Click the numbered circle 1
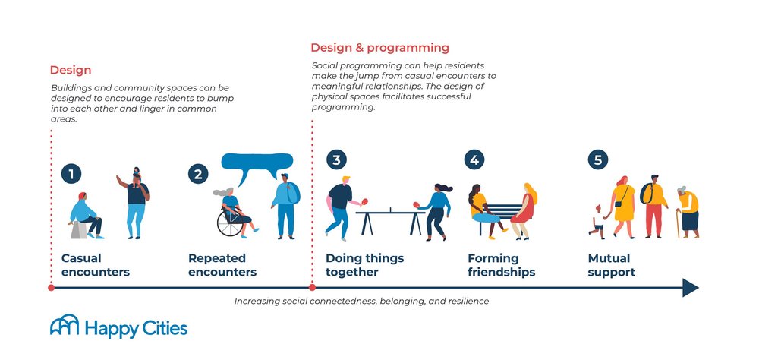pyautogui.click(x=71, y=174)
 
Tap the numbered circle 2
pyautogui.click(x=197, y=174)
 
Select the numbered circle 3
pyautogui.click(x=336, y=160)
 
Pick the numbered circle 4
pyautogui.click(x=474, y=160)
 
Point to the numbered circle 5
pyautogui.click(x=598, y=160)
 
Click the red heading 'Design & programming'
pyautogui.click(x=379, y=48)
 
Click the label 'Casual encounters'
pyautogui.click(x=95, y=265)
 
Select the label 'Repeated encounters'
pyautogui.click(x=222, y=265)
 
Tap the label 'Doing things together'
pyautogui.click(x=364, y=265)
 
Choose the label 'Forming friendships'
pyautogui.click(x=501, y=265)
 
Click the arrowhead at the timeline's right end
pyautogui.click(x=690, y=288)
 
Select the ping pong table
pyautogui.click(x=389, y=214)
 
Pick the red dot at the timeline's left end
pyautogui.click(x=51, y=288)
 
